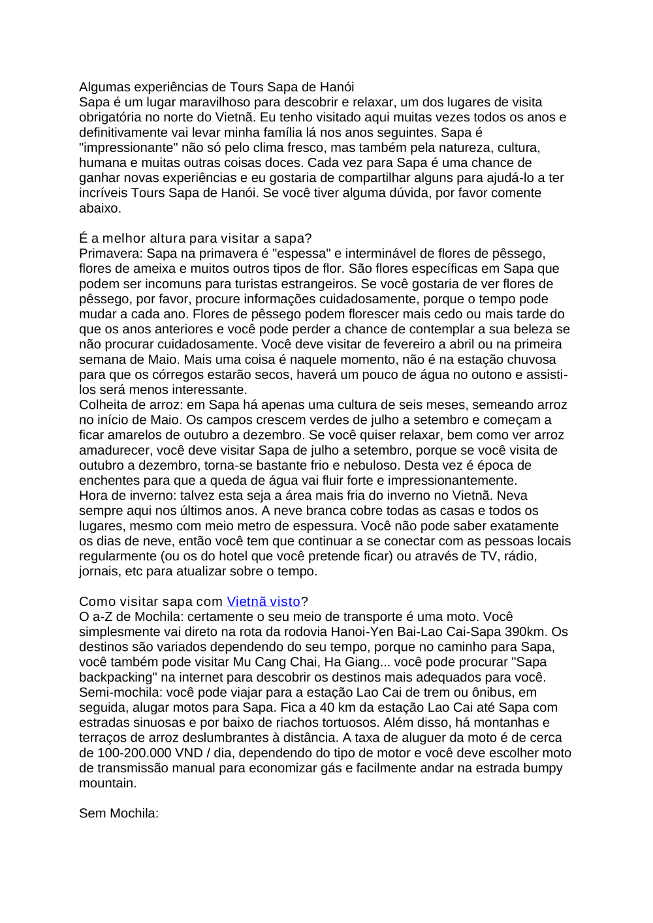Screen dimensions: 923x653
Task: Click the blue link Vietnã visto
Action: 263,601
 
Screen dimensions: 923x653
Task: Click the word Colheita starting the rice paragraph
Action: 103,405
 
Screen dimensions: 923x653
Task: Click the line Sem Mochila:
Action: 119,813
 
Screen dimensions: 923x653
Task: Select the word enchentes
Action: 108,481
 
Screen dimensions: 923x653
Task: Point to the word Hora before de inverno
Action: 93,496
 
